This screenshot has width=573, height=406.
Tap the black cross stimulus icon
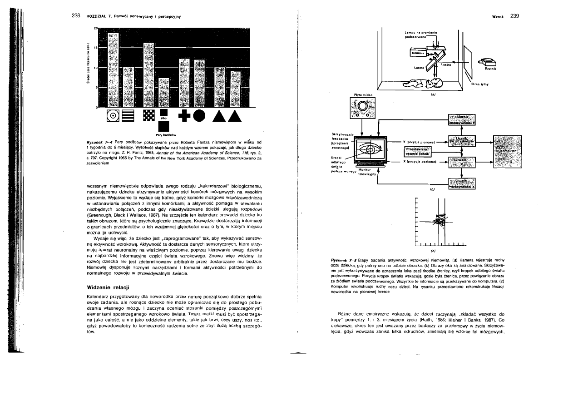click(186, 116)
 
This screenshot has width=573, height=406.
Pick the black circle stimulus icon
click(202, 116)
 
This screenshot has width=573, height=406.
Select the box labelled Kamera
click(417, 53)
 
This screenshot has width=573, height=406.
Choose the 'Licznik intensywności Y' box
click(462, 119)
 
